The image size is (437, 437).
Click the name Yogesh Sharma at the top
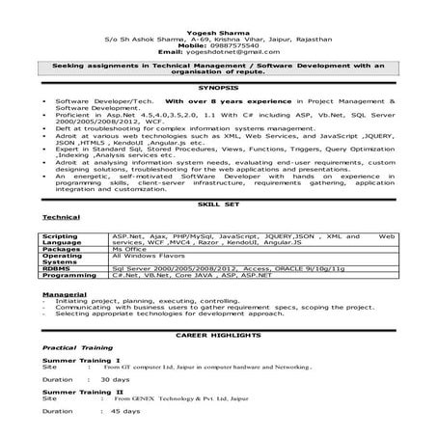218,29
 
